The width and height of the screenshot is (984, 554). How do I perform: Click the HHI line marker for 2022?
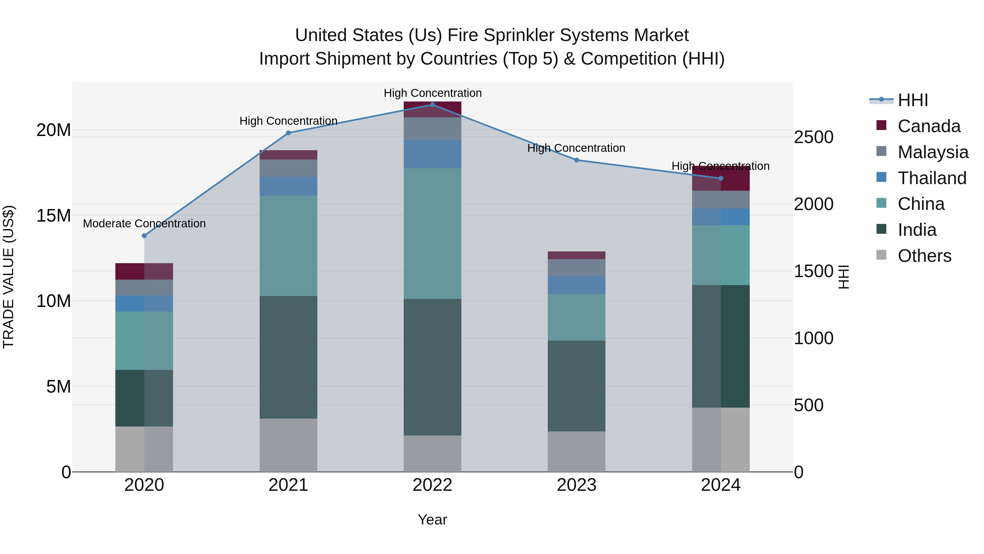[432, 105]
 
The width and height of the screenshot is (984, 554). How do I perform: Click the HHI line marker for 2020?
[144, 236]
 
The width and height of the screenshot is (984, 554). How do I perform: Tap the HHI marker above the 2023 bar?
[577, 160]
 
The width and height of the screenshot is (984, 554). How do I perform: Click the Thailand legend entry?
[932, 178]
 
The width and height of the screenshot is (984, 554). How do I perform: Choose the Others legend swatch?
[881, 255]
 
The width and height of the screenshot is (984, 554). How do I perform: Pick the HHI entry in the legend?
[913, 100]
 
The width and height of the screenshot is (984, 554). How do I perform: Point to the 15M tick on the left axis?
[54, 216]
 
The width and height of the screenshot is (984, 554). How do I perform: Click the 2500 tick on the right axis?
[814, 137]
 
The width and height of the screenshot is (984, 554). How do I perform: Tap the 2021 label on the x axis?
[288, 485]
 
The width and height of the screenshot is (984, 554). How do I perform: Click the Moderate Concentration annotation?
[144, 224]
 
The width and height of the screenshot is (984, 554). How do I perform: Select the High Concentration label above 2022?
[433, 93]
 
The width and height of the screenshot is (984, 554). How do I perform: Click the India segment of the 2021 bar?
[288, 357]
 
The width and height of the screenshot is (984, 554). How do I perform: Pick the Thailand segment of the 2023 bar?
[576, 285]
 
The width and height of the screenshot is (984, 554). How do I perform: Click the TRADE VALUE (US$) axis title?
[8, 277]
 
